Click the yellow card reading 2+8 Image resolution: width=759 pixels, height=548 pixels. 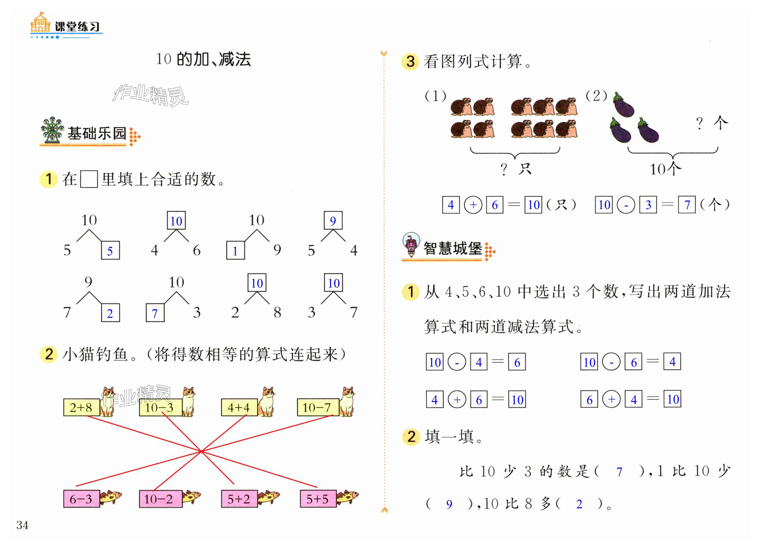coord(81,407)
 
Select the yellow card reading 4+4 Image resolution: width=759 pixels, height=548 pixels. coord(239,407)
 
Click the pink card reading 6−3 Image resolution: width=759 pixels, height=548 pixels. coord(81,499)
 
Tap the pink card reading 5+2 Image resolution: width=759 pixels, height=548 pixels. coord(239,499)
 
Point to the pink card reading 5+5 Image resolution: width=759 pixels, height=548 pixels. coord(318,499)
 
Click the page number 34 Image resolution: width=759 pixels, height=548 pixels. coord(22,525)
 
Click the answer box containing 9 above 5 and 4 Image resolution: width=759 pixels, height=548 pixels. coord(333,221)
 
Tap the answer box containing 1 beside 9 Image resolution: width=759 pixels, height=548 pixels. coord(235,250)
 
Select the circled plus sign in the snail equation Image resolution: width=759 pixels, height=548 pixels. coord(473,205)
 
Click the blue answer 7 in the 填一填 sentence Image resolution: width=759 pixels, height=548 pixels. coord(619,472)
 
